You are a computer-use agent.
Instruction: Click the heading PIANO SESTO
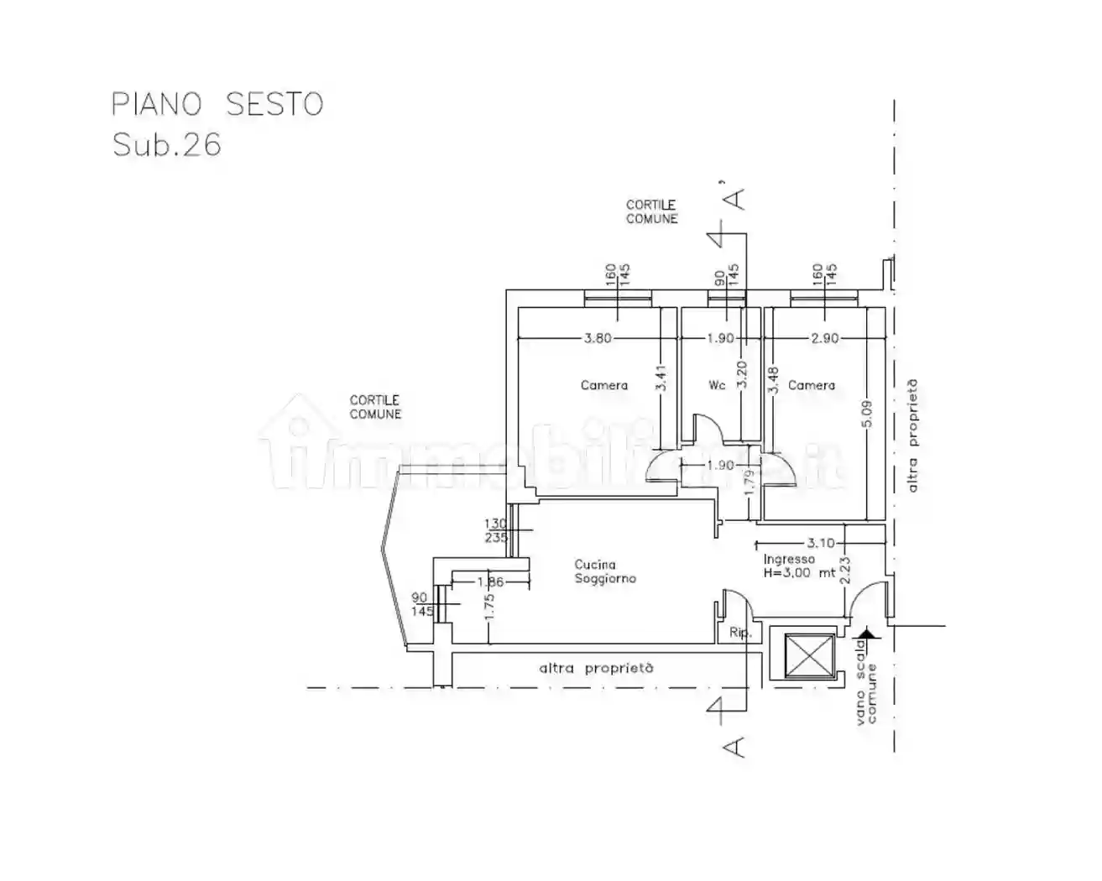click(217, 104)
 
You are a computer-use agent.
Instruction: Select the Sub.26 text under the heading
click(167, 145)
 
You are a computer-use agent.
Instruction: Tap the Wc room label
click(717, 385)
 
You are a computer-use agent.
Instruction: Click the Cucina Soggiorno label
click(604, 571)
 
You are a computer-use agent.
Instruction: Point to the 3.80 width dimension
click(598, 338)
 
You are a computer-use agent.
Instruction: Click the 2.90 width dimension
click(825, 338)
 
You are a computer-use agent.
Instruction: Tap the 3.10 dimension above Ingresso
click(820, 543)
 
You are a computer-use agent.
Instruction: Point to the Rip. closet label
click(739, 633)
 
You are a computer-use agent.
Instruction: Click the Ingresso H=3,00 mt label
click(798, 566)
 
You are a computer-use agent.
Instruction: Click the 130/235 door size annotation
click(495, 530)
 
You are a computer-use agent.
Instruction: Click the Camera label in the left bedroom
click(603, 385)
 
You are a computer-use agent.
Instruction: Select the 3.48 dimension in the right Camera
click(774, 379)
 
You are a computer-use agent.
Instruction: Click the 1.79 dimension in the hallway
click(750, 483)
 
